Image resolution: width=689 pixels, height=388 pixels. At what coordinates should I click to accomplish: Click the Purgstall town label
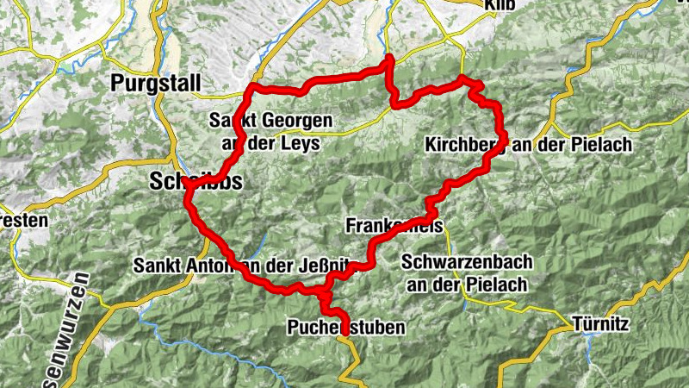156,84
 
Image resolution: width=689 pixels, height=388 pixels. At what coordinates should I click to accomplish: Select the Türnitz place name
602,326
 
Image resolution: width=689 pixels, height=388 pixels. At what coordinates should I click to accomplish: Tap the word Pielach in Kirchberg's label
603,146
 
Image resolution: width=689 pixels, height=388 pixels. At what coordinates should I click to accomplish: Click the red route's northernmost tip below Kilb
389,58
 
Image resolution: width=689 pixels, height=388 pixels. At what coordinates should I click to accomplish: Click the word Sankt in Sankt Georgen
233,122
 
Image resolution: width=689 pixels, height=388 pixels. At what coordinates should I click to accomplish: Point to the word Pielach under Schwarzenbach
487,281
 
